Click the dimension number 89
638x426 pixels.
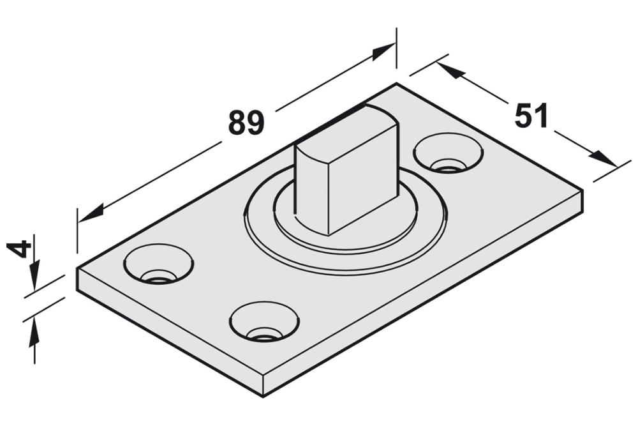click(246, 123)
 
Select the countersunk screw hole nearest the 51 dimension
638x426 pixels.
click(448, 153)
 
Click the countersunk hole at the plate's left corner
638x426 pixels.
click(158, 264)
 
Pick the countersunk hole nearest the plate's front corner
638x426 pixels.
click(263, 321)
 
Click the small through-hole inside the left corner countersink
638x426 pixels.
click(158, 278)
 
